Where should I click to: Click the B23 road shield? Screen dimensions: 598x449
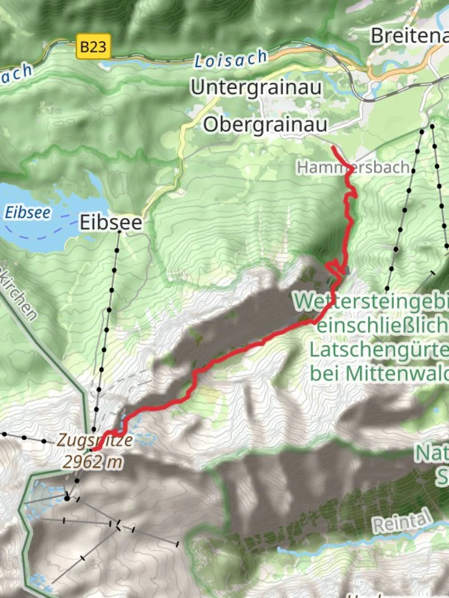pos(93,47)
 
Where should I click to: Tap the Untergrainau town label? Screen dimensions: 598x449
pos(256,87)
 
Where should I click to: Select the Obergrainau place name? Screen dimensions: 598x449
pos(265,124)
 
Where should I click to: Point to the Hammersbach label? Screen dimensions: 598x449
pos(353,167)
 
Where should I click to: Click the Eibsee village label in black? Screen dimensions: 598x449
pos(111,223)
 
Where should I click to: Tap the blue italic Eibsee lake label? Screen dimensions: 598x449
pos(27,213)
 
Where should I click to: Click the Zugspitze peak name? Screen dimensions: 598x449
pos(95,441)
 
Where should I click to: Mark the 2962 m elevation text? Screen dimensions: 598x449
pos(92,461)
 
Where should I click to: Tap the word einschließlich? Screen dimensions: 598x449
pos(382,325)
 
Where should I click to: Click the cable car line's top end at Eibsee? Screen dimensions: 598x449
pos(119,233)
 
